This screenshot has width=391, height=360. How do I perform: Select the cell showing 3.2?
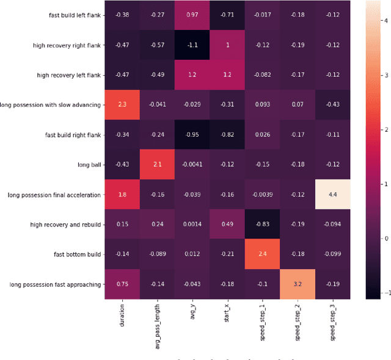(x=298, y=284)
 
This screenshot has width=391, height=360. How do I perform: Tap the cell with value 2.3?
(x=122, y=105)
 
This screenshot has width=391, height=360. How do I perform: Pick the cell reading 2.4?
(x=263, y=254)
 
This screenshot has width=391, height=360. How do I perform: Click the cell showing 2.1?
(x=157, y=165)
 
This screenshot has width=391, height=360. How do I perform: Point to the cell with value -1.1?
(x=192, y=45)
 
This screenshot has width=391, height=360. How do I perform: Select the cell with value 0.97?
(x=192, y=15)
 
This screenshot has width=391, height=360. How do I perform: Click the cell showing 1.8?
(x=122, y=195)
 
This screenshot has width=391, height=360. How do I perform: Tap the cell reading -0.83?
(x=263, y=225)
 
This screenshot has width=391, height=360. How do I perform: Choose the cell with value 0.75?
(x=122, y=284)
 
